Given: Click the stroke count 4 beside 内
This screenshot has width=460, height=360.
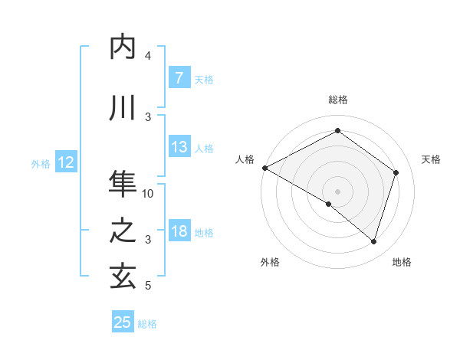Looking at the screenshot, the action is [148, 56].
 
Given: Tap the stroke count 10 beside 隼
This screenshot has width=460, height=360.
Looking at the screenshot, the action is [149, 194].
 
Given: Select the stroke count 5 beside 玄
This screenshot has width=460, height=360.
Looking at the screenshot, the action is [148, 286].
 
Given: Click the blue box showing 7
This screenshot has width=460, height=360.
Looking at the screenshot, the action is [179, 78].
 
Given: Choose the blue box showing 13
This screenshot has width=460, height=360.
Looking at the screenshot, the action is [179, 147].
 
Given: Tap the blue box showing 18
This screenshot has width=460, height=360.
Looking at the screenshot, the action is [179, 231].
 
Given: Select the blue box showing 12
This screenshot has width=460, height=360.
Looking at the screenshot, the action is [65, 162].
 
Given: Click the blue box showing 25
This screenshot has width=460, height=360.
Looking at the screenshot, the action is [123, 322].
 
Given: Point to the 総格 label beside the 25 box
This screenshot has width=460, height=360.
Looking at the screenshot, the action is [147, 324].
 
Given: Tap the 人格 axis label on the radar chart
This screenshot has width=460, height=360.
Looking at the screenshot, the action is [245, 159].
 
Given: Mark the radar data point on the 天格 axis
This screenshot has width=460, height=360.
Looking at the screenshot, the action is [396, 172].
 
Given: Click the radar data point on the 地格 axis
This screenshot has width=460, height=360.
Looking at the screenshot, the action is [373, 241].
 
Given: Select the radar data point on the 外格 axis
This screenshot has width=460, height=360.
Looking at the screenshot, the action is [329, 204].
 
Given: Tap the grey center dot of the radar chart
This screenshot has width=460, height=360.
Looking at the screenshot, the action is [337, 191].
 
